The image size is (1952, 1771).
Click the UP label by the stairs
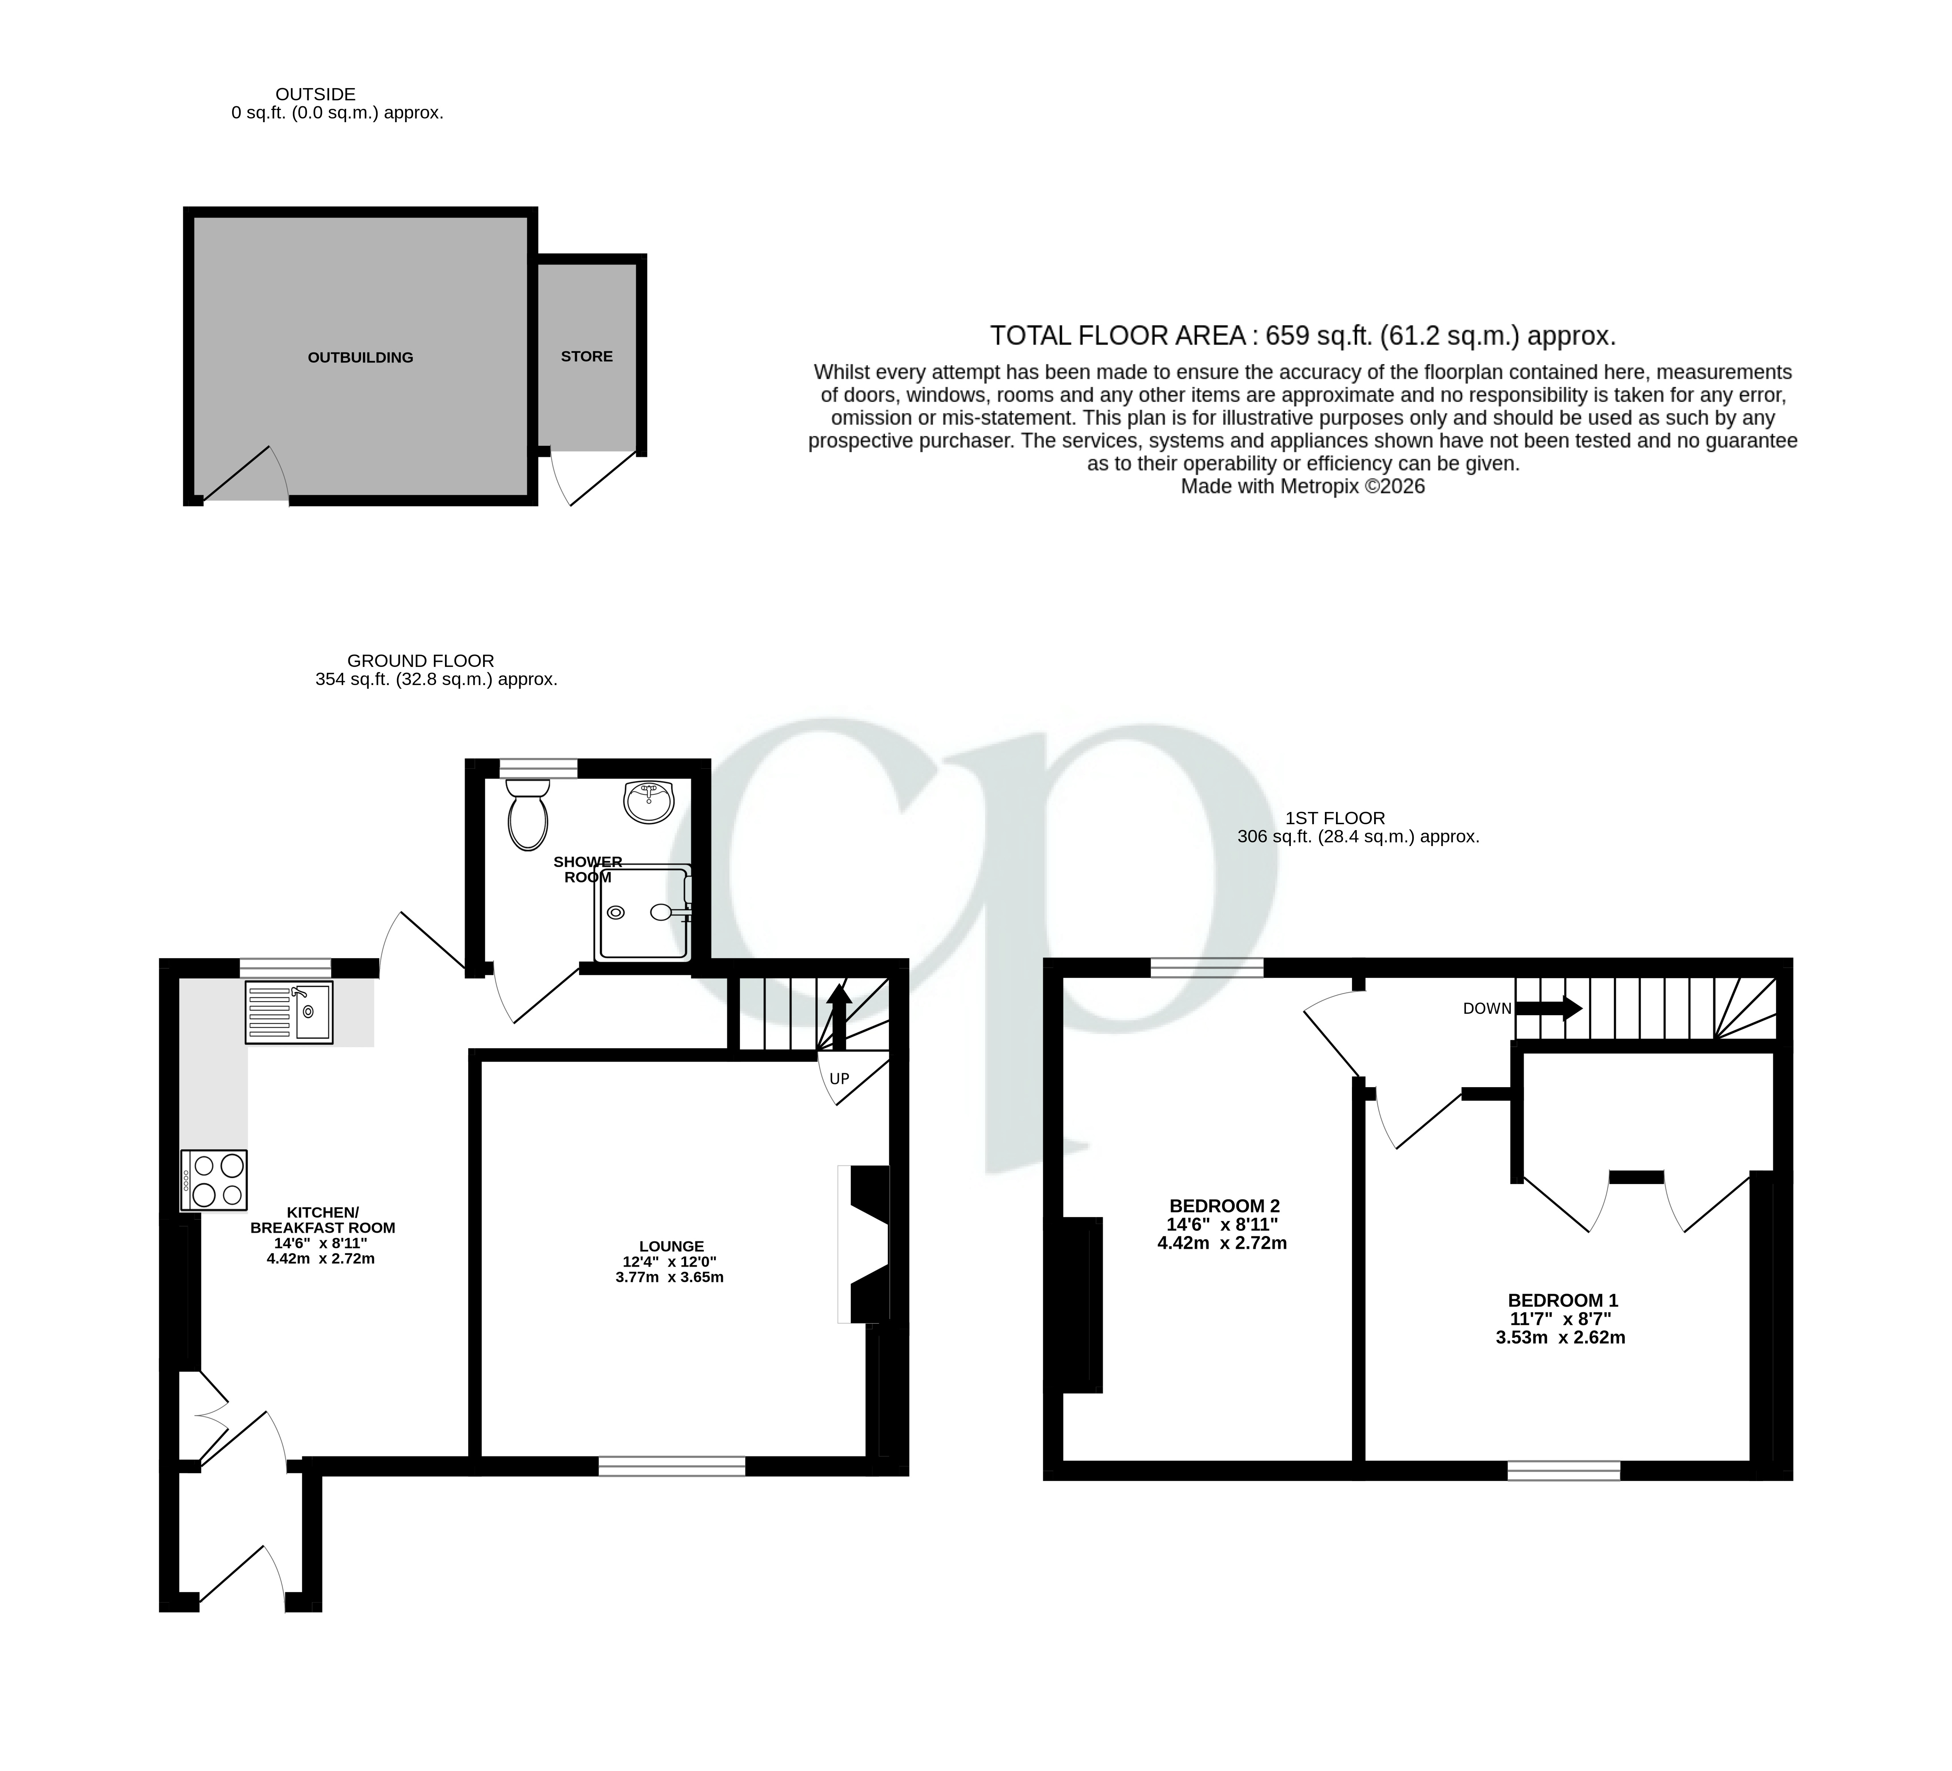[x=838, y=1079]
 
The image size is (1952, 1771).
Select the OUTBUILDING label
[x=360, y=357]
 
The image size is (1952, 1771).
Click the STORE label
[x=587, y=356]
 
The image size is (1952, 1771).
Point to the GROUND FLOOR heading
[x=420, y=660]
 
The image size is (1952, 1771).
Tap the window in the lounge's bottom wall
[x=672, y=1466]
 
